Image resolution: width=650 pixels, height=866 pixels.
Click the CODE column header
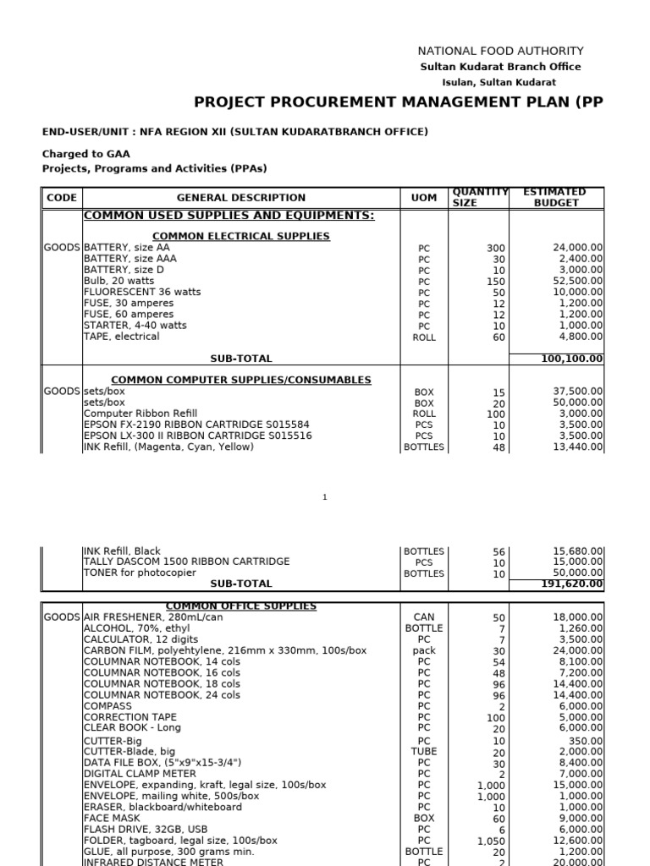(x=62, y=198)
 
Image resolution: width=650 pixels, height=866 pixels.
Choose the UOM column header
(x=424, y=198)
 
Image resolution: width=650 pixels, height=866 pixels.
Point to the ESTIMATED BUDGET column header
(x=555, y=198)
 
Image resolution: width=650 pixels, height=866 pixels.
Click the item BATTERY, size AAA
(x=130, y=259)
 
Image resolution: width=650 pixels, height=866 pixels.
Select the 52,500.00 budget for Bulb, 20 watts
(x=578, y=281)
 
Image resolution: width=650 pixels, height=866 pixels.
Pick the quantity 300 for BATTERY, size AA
(x=495, y=248)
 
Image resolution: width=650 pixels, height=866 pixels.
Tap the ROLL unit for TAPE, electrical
(x=424, y=337)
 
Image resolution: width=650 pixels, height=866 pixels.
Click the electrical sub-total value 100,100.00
(x=572, y=359)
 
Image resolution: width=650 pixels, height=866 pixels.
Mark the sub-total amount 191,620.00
(x=573, y=584)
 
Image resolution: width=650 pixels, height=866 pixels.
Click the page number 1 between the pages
(x=324, y=497)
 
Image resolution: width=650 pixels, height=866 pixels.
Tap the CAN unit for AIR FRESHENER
(x=424, y=618)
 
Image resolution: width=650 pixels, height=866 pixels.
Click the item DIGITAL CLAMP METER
(x=140, y=773)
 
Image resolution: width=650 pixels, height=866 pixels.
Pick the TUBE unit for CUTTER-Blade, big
(x=424, y=751)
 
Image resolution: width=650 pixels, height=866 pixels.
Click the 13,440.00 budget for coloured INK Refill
(x=578, y=447)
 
